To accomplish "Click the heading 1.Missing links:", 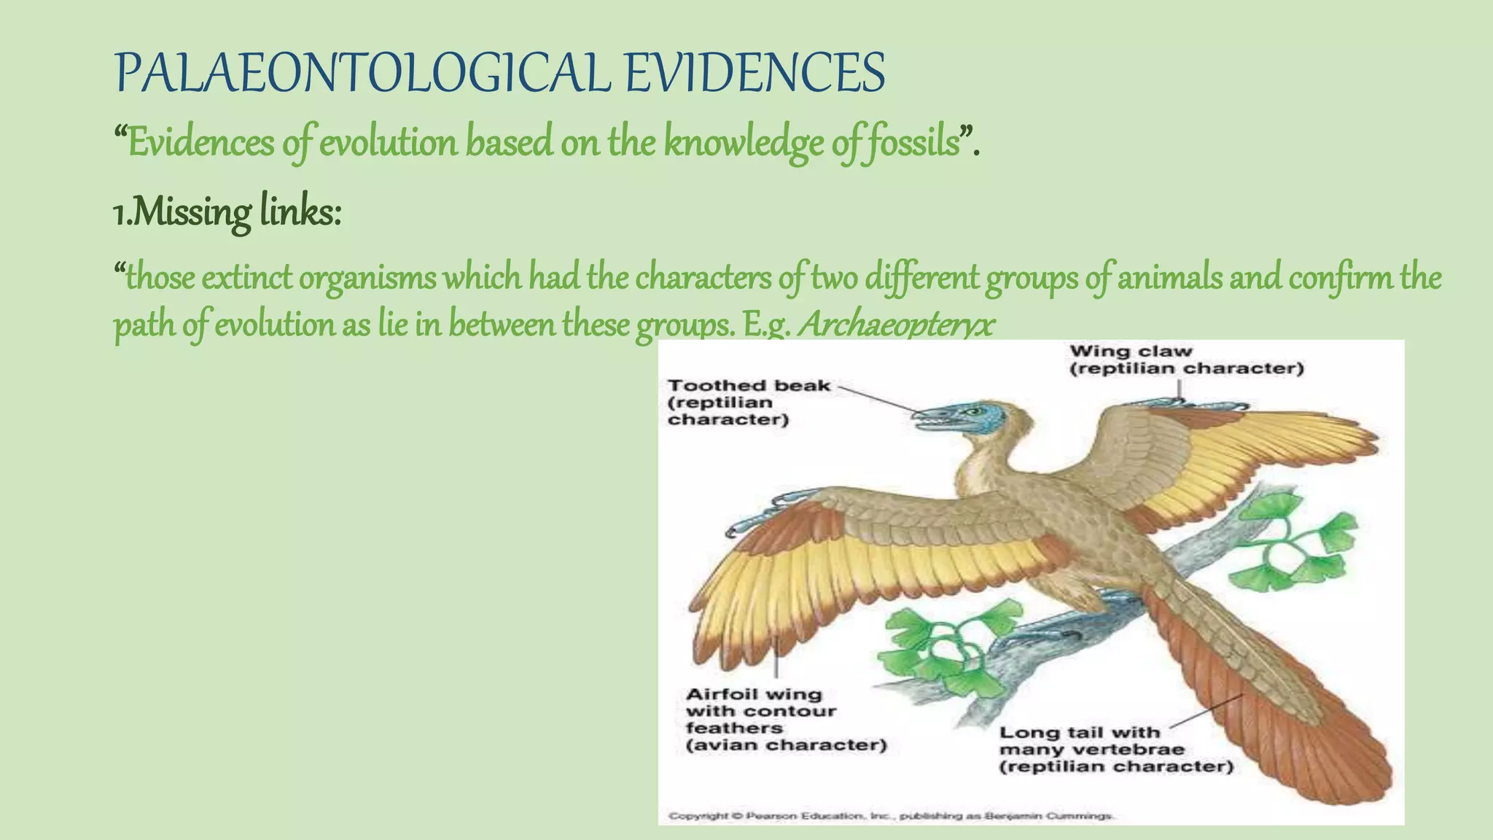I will [227, 212].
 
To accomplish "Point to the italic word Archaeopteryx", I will [896, 324].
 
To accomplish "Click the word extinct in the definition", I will [245, 278].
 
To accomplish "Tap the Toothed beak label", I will [749, 402].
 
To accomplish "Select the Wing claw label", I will [1186, 359].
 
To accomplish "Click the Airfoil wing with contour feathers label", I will [786, 719].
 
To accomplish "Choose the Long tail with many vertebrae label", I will [1115, 749].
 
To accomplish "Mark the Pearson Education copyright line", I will [891, 815].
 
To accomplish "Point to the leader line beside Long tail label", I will [1207, 711].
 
